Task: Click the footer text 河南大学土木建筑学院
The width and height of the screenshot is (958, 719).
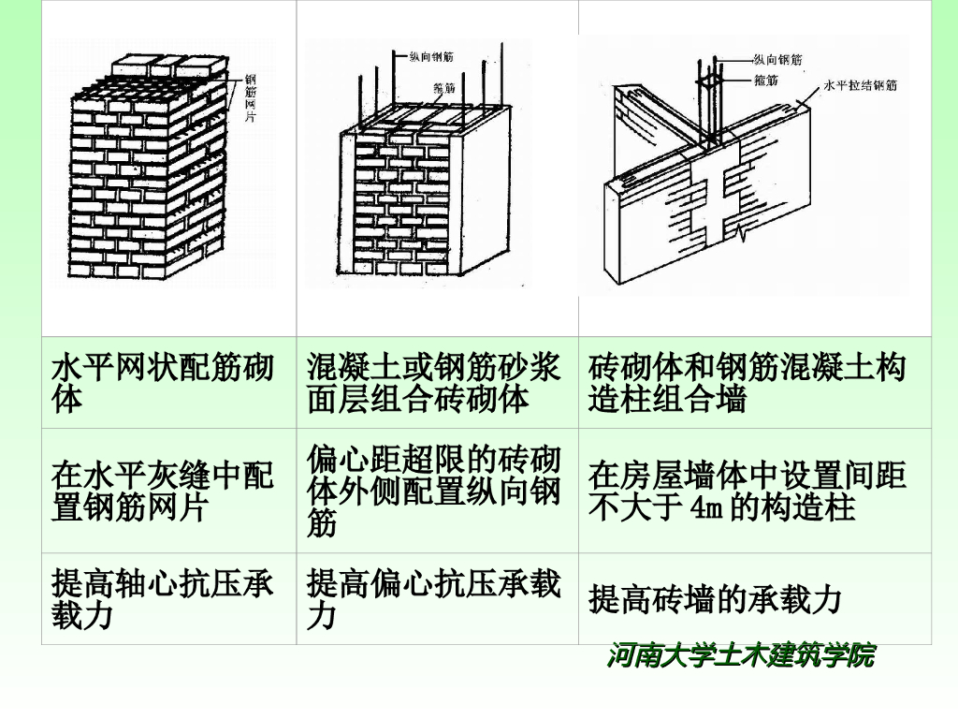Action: coord(741,655)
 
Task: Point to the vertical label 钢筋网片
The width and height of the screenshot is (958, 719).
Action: coord(250,98)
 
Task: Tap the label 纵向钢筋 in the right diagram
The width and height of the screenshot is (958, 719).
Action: coord(777,60)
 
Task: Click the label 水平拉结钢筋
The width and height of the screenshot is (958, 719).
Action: coord(860,85)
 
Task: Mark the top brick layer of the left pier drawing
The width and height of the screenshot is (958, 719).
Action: coord(170,67)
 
